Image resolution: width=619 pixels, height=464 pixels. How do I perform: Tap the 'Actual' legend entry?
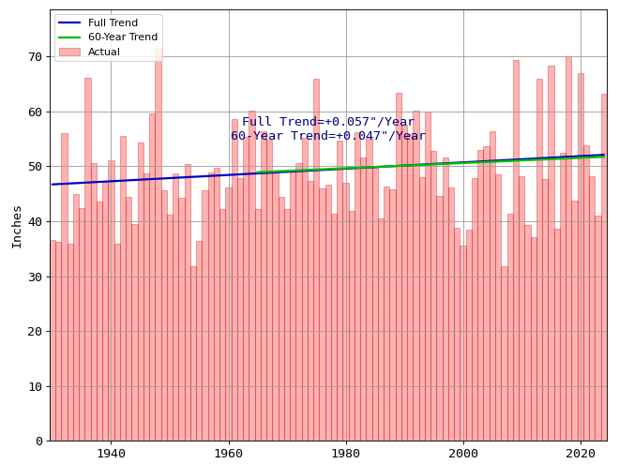click(103, 52)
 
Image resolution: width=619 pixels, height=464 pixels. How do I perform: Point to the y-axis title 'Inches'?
click(17, 226)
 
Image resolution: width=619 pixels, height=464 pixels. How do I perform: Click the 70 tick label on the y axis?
click(34, 57)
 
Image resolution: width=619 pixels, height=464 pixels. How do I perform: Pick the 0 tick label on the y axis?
click(38, 442)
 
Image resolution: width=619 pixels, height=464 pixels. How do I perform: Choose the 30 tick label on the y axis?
click(34, 277)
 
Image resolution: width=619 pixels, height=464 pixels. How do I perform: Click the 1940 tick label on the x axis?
click(111, 454)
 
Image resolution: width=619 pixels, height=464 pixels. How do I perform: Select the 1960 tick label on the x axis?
click(229, 454)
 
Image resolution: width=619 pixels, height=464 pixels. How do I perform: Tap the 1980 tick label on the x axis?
click(346, 454)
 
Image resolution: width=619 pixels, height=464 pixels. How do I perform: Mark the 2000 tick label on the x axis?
click(463, 454)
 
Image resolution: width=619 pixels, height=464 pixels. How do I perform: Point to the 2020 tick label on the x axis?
click(581, 454)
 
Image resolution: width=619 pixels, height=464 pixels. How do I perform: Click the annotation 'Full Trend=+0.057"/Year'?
click(328, 122)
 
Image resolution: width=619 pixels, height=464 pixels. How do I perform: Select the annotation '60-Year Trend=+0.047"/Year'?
click(328, 136)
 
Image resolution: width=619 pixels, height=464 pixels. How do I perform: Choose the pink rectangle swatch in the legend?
click(69, 52)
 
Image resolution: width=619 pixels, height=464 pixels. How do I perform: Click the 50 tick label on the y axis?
click(34, 167)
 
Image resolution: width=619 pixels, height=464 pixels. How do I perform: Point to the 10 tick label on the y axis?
click(34, 386)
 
